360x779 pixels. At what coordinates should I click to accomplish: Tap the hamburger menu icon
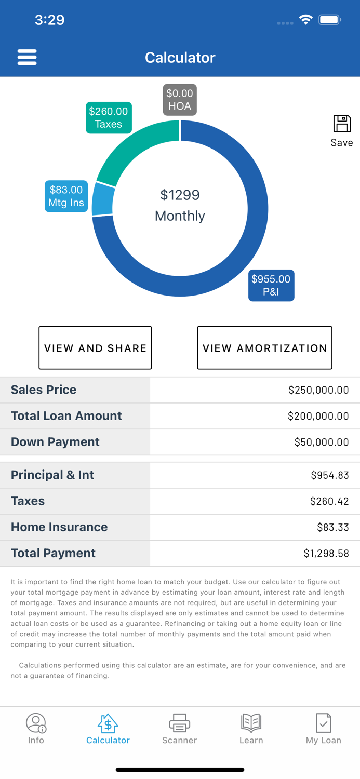pos(27,57)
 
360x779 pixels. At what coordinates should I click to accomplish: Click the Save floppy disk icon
pos(342,125)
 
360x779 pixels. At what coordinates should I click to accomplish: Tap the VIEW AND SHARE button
pos(95,348)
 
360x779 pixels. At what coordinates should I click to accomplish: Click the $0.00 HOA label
pos(180,100)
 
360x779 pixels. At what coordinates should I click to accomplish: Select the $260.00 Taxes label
pos(109,118)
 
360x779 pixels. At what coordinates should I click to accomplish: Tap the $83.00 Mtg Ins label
pos(66,196)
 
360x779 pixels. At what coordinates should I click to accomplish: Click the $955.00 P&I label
pos(271,285)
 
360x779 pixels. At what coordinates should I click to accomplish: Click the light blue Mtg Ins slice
pos(102,199)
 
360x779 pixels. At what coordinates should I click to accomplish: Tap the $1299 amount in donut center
pos(180,195)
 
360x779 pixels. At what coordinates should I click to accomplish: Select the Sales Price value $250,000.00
pos(318,390)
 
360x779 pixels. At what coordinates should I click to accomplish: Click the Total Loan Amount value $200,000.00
pos(318,416)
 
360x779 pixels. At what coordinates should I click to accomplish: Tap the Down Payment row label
pos(55,442)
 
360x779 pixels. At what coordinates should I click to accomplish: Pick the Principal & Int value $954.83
pos(329,475)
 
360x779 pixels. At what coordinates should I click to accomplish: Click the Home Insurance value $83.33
pos(332,527)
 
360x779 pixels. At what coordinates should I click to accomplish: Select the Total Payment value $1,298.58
pos(326,554)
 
